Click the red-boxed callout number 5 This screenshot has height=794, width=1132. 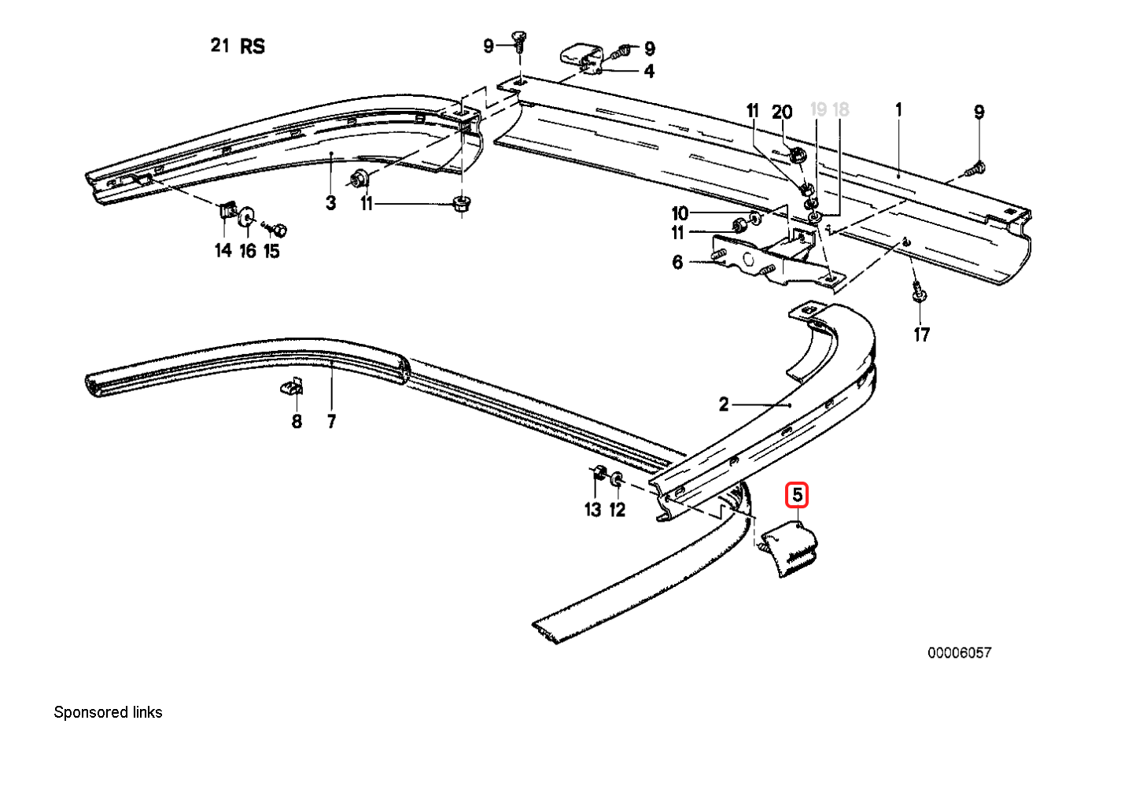click(x=797, y=496)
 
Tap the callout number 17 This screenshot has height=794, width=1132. click(x=921, y=334)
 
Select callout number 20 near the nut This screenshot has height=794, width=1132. click(x=782, y=112)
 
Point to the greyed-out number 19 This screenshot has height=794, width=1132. click(x=818, y=109)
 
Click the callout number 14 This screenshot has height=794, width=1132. click(x=223, y=250)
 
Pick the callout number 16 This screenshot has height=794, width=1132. click(x=248, y=251)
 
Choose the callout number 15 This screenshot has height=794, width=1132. click(x=271, y=251)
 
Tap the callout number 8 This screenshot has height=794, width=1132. click(x=297, y=422)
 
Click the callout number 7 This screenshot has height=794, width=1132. click(x=331, y=422)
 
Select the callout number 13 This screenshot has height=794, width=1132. click(x=592, y=509)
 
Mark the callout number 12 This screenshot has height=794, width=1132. click(x=618, y=509)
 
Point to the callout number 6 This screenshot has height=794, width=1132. click(x=677, y=262)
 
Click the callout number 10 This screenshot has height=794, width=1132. click(x=680, y=213)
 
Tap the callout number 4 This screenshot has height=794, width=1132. click(x=648, y=71)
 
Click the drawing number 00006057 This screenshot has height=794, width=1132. click(x=959, y=652)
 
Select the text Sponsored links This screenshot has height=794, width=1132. click(x=108, y=712)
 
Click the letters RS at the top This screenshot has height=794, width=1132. click(x=252, y=46)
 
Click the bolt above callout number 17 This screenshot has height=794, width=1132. click(x=917, y=292)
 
